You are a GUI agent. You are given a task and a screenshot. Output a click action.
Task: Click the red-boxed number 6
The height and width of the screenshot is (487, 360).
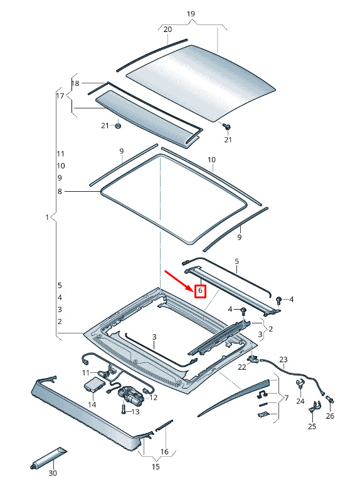200,291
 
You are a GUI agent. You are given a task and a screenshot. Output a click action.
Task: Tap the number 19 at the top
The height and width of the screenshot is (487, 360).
191,14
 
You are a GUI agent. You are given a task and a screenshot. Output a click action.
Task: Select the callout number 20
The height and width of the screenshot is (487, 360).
167,29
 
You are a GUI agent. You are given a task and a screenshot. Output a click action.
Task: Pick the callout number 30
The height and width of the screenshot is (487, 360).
53,473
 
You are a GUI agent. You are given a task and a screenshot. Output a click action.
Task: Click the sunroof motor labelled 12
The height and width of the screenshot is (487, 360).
130,395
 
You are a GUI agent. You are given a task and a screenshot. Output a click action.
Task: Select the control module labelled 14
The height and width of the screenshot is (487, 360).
93,385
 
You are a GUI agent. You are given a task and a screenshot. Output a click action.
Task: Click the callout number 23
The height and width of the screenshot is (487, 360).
283,359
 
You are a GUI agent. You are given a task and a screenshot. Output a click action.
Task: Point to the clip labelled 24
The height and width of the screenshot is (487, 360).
300,384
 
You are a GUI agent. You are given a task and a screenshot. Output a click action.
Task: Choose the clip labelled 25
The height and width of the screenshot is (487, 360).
315,407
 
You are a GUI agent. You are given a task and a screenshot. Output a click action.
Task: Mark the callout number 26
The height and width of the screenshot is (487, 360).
330,416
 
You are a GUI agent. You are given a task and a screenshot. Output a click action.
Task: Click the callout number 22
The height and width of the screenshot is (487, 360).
242,367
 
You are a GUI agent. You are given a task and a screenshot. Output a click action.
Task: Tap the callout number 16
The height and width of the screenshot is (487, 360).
164,451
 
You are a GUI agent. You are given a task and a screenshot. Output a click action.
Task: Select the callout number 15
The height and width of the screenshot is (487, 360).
156,466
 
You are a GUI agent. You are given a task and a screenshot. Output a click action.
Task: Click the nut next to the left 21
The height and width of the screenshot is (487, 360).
118,126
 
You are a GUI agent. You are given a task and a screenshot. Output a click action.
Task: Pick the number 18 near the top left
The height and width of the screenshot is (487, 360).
75,83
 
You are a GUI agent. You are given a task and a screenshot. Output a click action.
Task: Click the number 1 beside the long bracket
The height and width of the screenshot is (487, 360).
47,217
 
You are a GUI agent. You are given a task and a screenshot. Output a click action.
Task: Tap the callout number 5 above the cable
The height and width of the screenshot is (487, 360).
237,261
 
